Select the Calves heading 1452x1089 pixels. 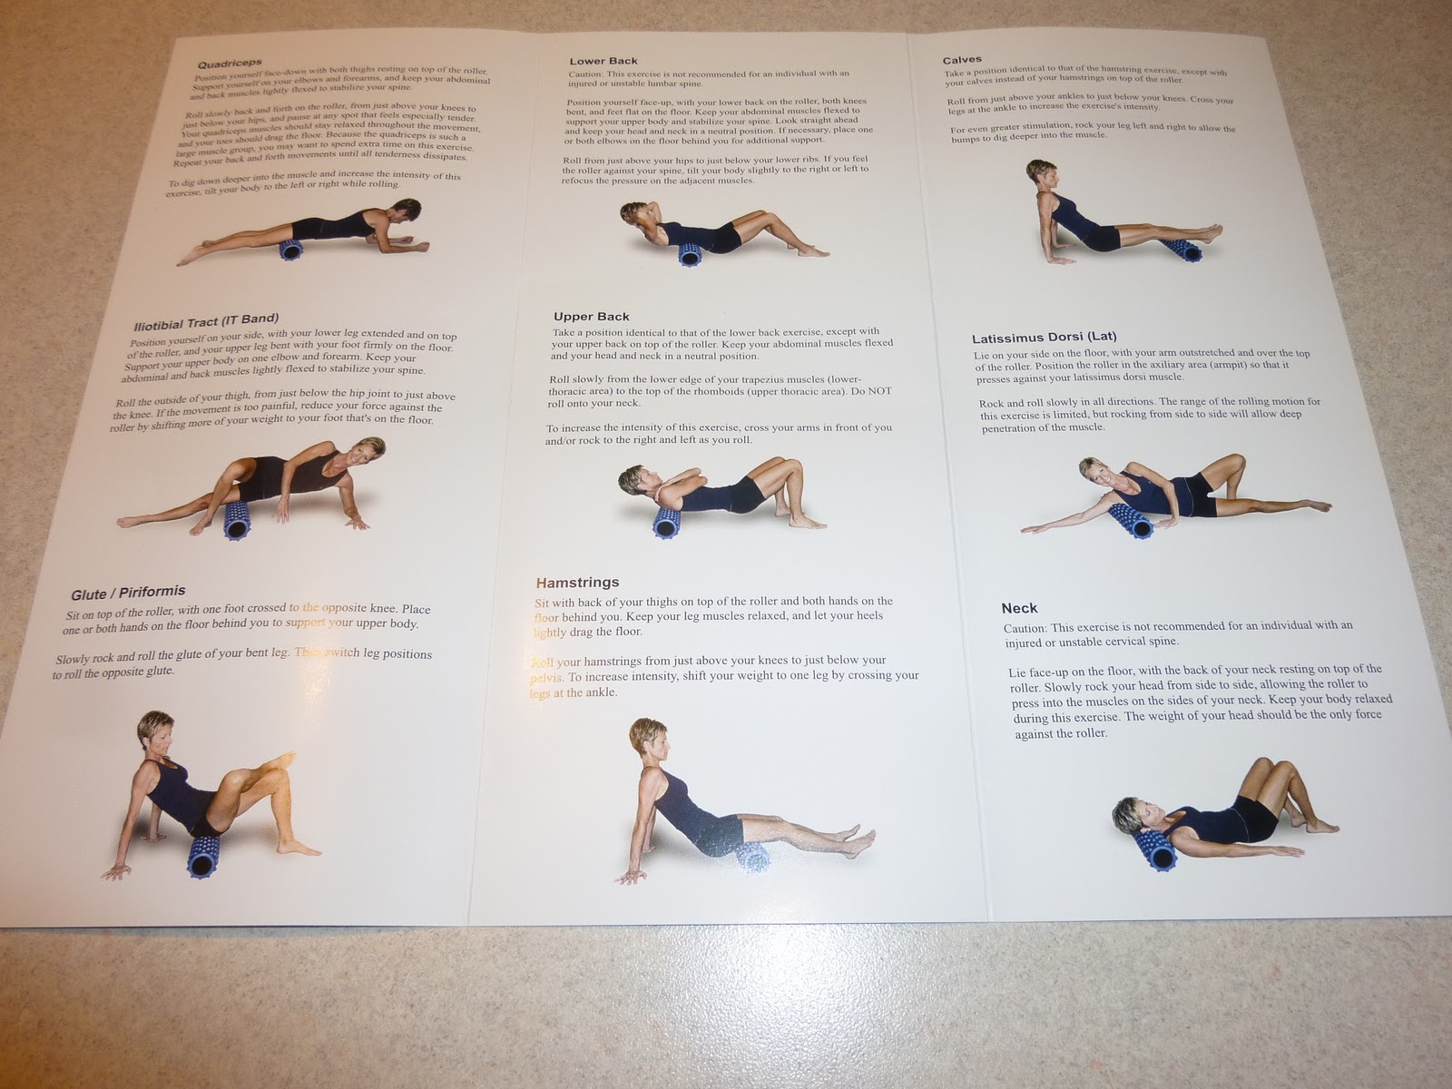[x=962, y=60]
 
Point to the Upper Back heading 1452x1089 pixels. [x=592, y=317]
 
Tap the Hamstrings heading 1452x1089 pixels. [x=577, y=583]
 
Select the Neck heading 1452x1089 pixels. [x=1019, y=608]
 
